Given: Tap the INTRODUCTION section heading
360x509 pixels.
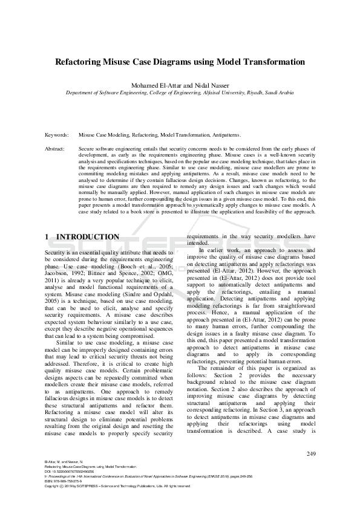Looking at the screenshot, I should [x=88, y=237].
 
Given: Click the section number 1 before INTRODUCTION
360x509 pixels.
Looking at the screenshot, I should [x=47, y=237].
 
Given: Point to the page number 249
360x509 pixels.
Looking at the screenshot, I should [x=311, y=453].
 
